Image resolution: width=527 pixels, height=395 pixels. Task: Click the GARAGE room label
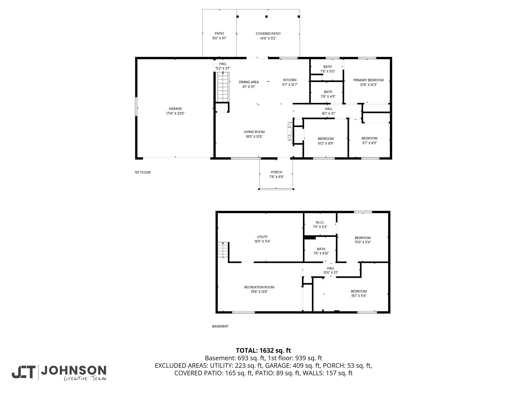pyautogui.click(x=175, y=109)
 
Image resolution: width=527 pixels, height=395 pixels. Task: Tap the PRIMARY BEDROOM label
pyautogui.click(x=368, y=80)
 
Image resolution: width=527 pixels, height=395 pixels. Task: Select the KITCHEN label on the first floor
pyautogui.click(x=290, y=80)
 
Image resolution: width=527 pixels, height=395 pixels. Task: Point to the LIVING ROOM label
pyautogui.click(x=254, y=132)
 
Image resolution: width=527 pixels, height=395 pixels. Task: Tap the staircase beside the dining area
pyautogui.click(x=223, y=87)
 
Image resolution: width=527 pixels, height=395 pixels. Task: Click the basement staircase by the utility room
pyautogui.click(x=223, y=250)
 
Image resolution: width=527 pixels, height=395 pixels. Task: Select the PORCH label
pyautogui.click(x=276, y=172)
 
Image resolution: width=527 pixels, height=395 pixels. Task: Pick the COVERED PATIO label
pyautogui.click(x=268, y=34)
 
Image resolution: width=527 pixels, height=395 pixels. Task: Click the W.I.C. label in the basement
pyautogui.click(x=320, y=222)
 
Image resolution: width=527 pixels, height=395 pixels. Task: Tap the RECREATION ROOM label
pyautogui.click(x=259, y=287)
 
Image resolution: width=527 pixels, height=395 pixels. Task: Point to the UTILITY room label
pyautogui.click(x=262, y=237)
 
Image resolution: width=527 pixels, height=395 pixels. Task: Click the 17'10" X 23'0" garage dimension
pyautogui.click(x=175, y=113)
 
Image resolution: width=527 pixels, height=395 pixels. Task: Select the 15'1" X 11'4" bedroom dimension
pyautogui.click(x=359, y=296)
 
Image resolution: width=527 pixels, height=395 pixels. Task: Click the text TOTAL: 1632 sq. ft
pyautogui.click(x=263, y=350)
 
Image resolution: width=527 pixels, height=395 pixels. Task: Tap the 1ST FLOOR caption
pyautogui.click(x=143, y=172)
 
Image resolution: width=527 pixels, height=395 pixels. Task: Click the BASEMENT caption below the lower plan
pyautogui.click(x=220, y=326)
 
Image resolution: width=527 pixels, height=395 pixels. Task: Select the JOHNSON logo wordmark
pyautogui.click(x=74, y=370)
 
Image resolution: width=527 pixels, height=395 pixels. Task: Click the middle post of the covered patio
pyautogui.click(x=267, y=17)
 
